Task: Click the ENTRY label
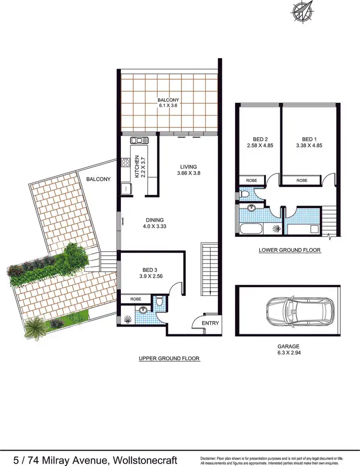click(210, 323)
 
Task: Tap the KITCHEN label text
click(137, 167)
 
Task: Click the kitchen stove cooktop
click(126, 162)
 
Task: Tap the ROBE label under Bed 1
click(301, 181)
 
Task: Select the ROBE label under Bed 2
click(252, 181)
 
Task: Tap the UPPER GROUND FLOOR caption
click(168, 358)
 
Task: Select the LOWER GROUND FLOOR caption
click(289, 250)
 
